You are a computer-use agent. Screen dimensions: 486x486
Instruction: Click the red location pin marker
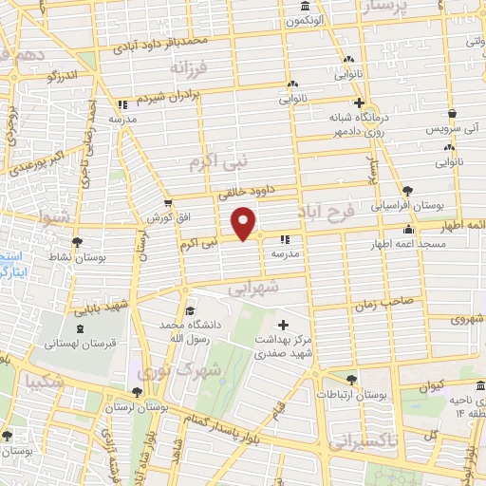(245, 222)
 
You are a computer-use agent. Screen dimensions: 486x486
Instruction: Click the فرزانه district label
(189, 68)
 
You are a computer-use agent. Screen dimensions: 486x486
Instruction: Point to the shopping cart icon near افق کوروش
(168, 202)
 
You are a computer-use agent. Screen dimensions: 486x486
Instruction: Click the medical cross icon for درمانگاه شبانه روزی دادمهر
(359, 103)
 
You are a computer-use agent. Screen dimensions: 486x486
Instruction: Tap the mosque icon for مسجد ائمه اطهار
(408, 229)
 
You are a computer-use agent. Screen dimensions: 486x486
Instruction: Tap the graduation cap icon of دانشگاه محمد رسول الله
(190, 310)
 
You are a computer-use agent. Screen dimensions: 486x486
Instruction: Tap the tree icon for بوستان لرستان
(137, 392)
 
